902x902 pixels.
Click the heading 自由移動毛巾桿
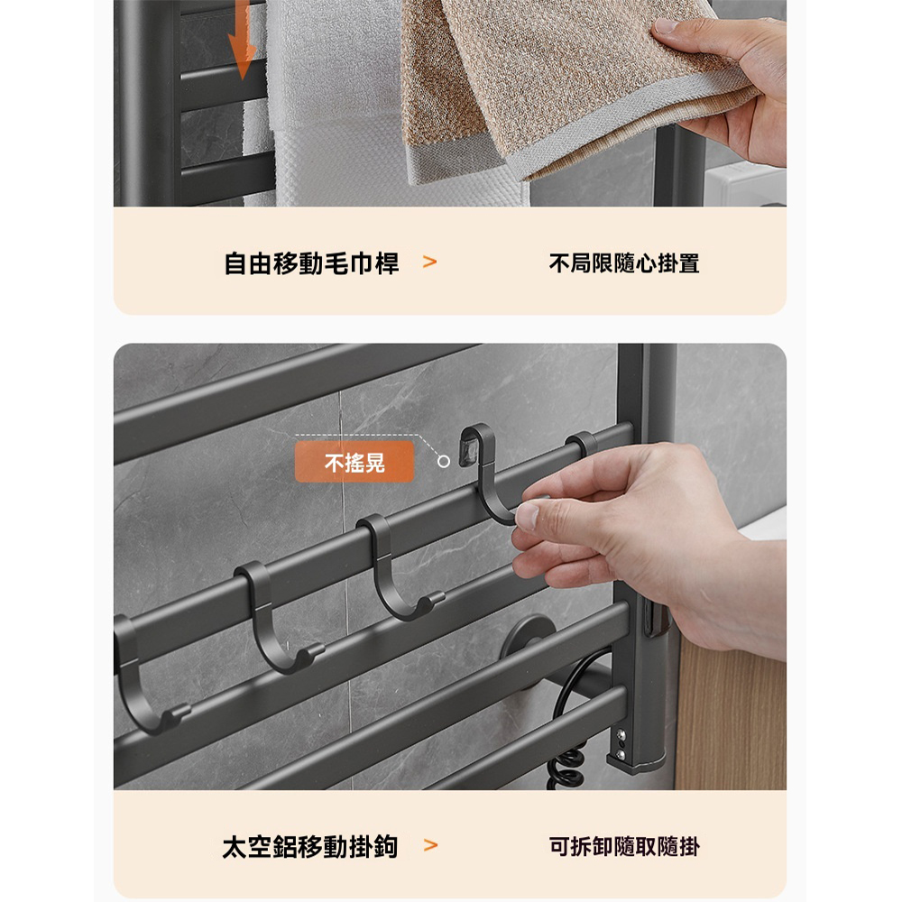[311, 263]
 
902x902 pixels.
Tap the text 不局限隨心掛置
[624, 263]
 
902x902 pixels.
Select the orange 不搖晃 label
[354, 463]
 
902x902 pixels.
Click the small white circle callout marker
[443, 461]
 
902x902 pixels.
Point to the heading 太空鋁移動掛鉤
[310, 847]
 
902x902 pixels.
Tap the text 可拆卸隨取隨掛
[624, 847]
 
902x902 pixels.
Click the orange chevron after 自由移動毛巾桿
[430, 262]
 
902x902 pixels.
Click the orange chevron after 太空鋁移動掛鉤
[430, 846]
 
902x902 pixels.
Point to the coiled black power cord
[564, 767]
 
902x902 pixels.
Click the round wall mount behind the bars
[527, 636]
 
